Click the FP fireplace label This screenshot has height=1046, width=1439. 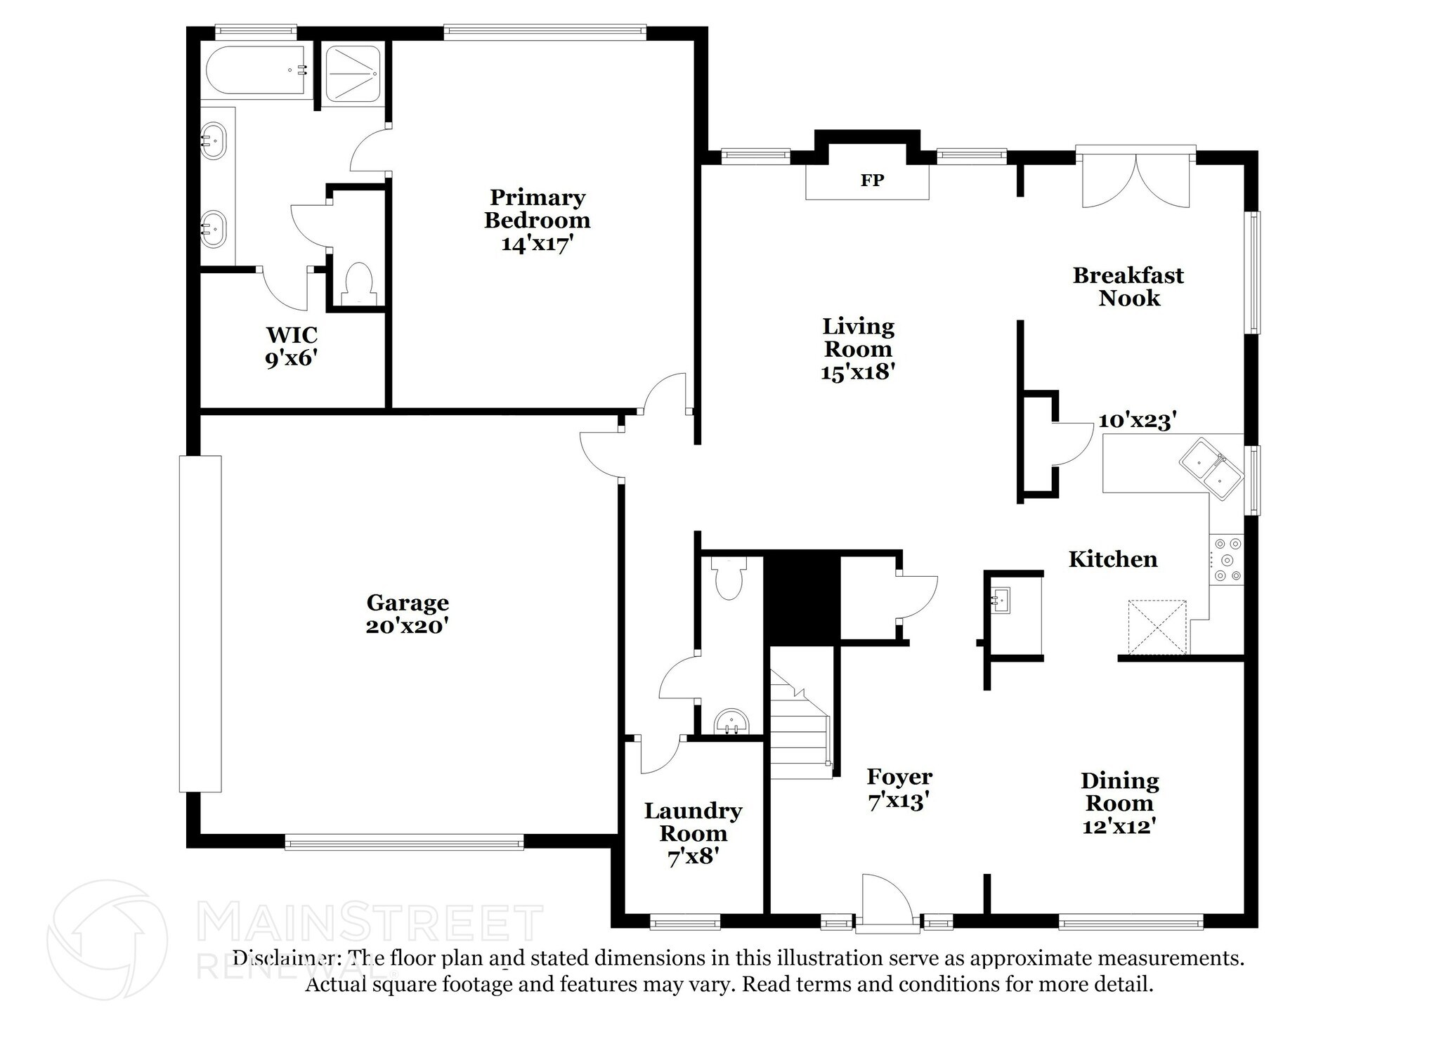872,181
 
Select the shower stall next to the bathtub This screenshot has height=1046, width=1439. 354,74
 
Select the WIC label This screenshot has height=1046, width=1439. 292,334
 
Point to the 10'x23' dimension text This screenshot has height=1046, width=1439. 1138,420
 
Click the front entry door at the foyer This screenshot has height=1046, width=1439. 887,903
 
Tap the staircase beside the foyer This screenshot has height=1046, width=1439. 801,724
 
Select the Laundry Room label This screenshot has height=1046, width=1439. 693,822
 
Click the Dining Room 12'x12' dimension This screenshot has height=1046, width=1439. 1119,826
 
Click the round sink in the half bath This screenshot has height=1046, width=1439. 731,721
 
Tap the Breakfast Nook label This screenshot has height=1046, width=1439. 1128,287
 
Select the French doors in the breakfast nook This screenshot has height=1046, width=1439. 1135,180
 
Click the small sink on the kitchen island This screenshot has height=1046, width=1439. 1001,600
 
